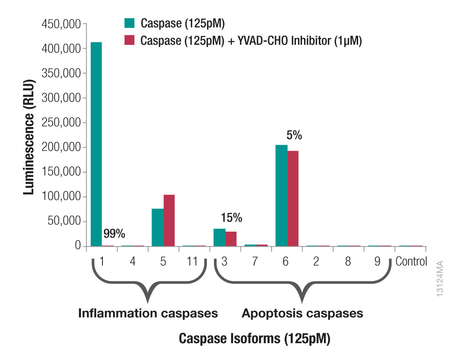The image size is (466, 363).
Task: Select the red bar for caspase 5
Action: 169,220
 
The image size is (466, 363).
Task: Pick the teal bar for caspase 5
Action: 157,227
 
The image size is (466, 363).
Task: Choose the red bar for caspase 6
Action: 292,198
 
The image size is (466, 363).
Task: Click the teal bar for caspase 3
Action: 219,237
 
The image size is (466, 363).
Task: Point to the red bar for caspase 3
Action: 231,238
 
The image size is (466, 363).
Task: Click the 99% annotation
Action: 114,234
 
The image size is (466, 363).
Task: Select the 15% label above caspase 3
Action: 231,218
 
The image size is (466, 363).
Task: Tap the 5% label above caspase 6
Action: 294,135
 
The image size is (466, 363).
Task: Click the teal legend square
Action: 130,23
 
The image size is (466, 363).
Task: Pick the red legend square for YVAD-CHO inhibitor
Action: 130,41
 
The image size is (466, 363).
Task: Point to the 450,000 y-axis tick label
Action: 61,24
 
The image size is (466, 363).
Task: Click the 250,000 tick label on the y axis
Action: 61,123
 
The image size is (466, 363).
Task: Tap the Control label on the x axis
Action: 411,262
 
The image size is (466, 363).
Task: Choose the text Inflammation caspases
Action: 148,313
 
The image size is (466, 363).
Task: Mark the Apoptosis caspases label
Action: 302,313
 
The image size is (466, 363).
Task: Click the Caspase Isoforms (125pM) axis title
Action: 255,339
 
